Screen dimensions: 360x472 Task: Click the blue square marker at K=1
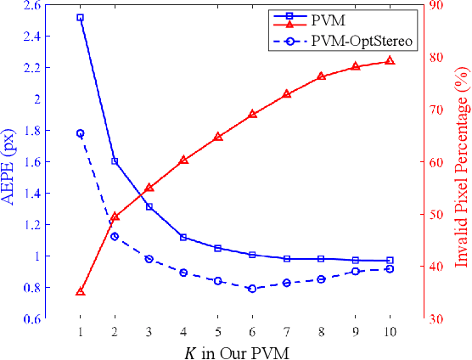pyautogui.click(x=80, y=17)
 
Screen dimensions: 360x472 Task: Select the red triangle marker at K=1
pyautogui.click(x=80, y=291)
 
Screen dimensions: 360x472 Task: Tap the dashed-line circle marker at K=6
pyautogui.click(x=252, y=289)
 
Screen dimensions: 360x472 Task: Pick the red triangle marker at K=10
pyautogui.click(x=390, y=60)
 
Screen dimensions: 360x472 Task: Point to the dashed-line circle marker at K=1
pyautogui.click(x=80, y=133)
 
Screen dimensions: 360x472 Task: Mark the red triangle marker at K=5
pyautogui.click(x=217, y=136)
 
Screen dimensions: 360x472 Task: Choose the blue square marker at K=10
pyautogui.click(x=390, y=261)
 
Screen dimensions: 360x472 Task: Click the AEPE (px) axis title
pyautogui.click(x=11, y=160)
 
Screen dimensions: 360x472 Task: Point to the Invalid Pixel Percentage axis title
pyautogui.click(x=462, y=160)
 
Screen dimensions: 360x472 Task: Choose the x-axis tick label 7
pyautogui.click(x=286, y=331)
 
